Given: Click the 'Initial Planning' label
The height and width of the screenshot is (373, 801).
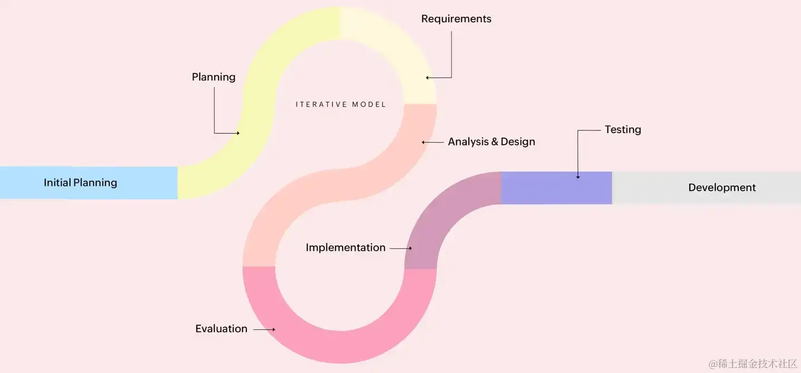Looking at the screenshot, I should tap(80, 183).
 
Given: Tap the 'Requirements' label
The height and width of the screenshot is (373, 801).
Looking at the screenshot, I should tap(456, 19).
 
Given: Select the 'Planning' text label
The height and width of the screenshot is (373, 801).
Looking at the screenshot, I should tap(214, 77).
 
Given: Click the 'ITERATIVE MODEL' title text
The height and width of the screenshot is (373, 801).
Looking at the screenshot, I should tap(340, 104).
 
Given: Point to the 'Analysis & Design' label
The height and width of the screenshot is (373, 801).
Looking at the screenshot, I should tap(491, 142).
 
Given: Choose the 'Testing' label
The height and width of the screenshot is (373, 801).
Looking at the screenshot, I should tap(622, 130).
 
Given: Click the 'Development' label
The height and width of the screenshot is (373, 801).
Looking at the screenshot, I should tap(721, 188).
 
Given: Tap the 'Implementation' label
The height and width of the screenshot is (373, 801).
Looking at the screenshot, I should tap(345, 248).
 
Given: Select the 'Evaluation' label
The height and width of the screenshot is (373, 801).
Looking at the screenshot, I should tap(221, 329).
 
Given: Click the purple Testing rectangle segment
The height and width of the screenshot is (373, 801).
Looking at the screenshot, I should tap(556, 188).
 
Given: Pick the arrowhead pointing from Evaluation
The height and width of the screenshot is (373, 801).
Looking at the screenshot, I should tap(273, 330).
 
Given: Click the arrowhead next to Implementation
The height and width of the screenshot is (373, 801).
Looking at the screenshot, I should tap(410, 248).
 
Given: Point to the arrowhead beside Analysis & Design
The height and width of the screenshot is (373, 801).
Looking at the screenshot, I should tap(423, 143).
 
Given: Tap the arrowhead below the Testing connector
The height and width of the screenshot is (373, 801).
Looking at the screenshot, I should tap(577, 177).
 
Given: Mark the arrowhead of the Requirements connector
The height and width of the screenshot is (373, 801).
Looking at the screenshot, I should tap(427, 78).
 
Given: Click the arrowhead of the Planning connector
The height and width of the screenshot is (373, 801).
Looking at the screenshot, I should tap(238, 133).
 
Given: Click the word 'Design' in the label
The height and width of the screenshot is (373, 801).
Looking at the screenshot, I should tap(518, 142).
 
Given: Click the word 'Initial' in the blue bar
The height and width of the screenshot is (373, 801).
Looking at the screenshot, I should tap(57, 183).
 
